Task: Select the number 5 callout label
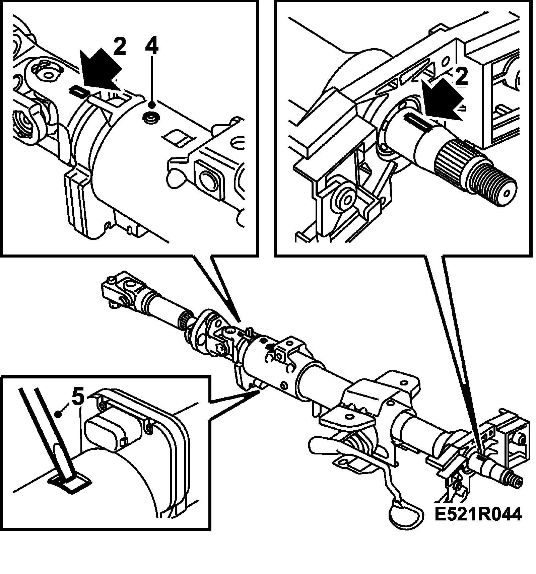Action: [x=78, y=398]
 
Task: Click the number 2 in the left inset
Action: [x=119, y=47]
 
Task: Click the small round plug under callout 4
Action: [x=150, y=117]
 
